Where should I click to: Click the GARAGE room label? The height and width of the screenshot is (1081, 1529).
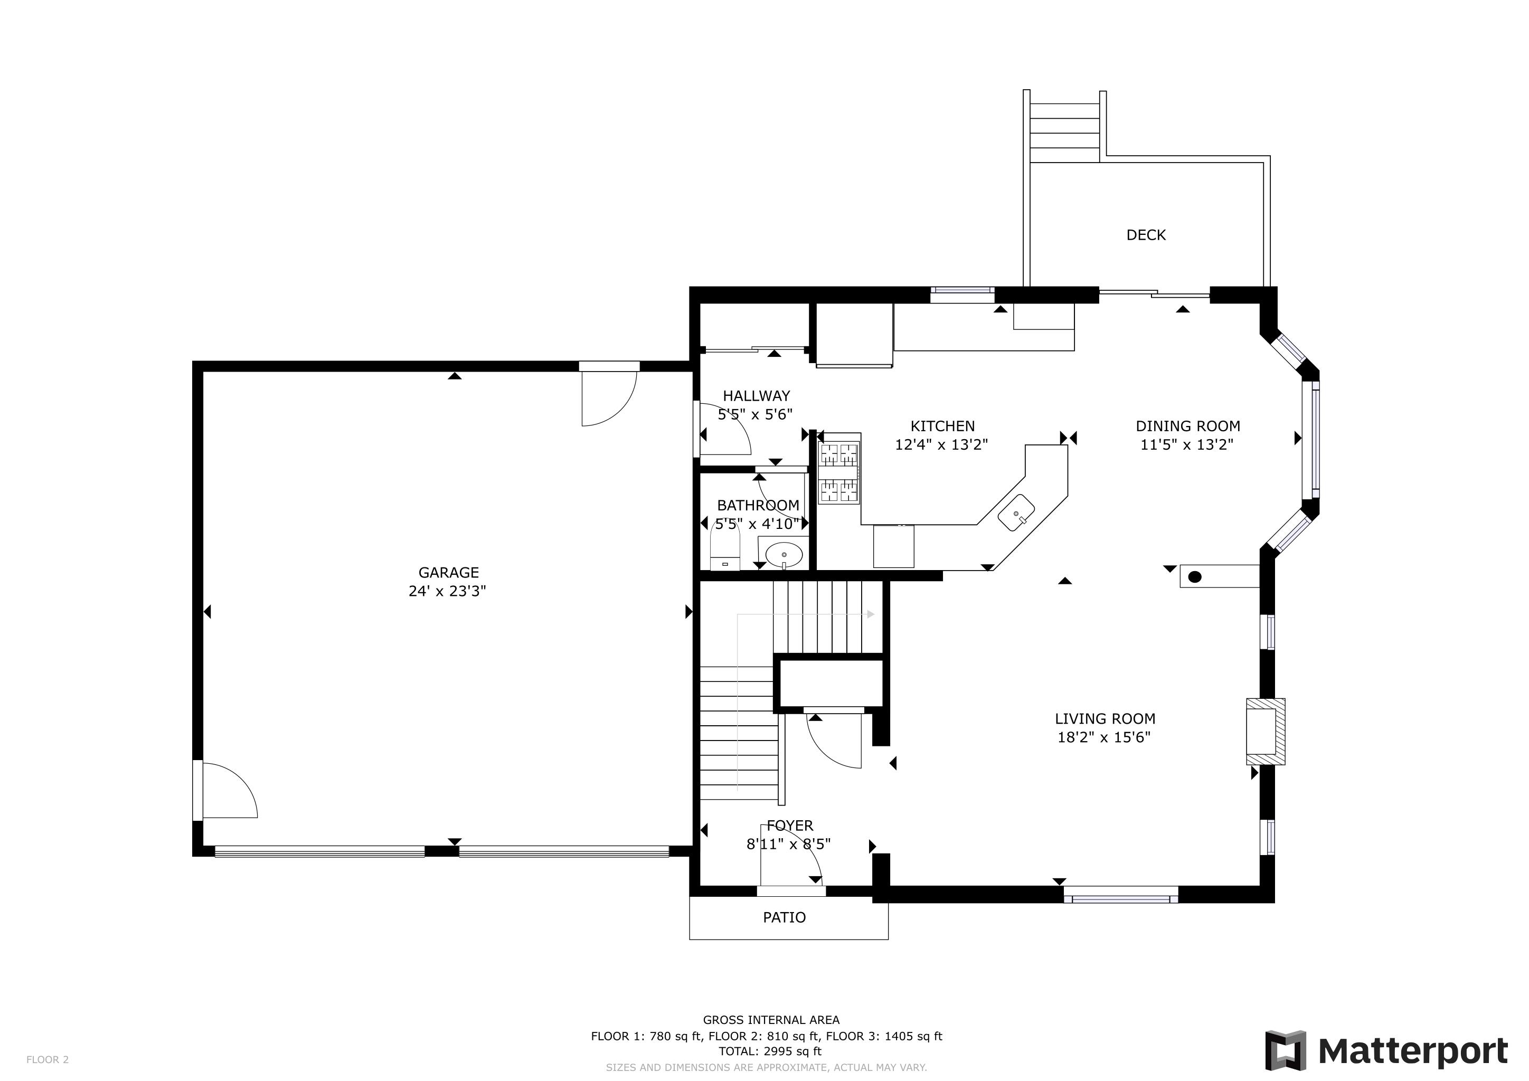click(448, 573)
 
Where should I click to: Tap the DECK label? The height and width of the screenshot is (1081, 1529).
click(1146, 235)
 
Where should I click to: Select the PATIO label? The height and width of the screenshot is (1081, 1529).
click(785, 917)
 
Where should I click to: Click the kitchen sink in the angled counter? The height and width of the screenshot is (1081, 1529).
click(1016, 513)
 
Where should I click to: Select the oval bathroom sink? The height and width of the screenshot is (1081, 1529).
click(784, 554)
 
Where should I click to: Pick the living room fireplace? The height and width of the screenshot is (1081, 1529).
click(1266, 732)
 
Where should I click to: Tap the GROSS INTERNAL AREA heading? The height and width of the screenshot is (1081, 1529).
click(771, 1020)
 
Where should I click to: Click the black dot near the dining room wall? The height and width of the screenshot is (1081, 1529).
click(1195, 577)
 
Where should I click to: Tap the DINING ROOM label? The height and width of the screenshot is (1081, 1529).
click(1188, 426)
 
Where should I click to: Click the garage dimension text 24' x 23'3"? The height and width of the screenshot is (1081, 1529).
click(448, 591)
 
